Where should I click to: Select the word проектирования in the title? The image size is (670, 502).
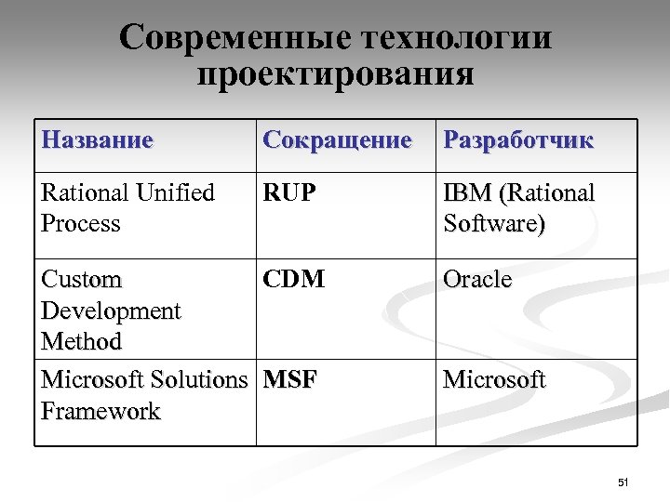click(336, 73)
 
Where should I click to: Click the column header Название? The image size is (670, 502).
click(97, 140)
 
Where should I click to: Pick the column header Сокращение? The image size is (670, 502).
click(337, 140)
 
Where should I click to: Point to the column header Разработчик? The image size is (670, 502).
click(517, 140)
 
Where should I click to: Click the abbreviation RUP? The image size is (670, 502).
click(289, 192)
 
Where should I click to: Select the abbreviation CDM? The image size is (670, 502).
click(294, 279)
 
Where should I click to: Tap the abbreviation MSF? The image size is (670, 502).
click(290, 380)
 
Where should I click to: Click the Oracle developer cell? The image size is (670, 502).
click(477, 279)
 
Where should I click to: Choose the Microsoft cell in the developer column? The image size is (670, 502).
click(494, 380)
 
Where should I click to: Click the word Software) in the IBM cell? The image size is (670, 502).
click(494, 224)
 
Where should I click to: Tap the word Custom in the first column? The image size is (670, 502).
click(82, 279)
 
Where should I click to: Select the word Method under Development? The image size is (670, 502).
click(82, 341)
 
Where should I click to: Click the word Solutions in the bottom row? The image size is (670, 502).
click(198, 380)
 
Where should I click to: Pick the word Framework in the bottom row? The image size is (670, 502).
click(100, 411)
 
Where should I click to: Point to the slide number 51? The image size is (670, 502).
click(623, 482)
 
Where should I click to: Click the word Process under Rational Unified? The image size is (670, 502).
click(81, 224)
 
